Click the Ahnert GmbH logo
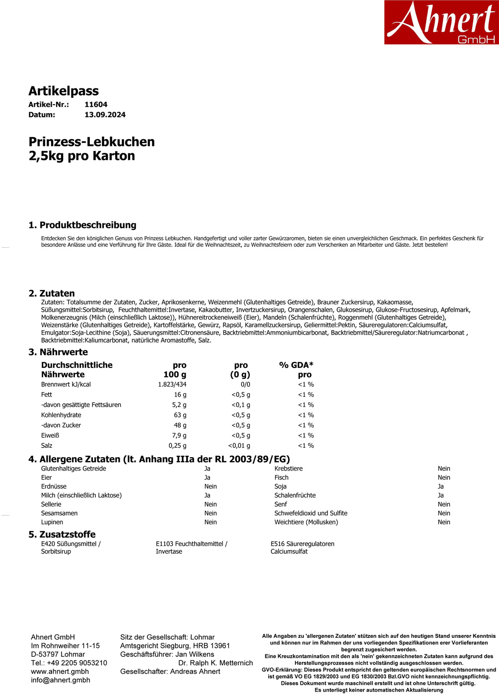441,22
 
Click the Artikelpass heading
64,91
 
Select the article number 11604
96,105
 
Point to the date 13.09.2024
105,115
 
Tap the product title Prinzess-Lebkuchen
91,142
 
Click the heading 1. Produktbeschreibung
82,225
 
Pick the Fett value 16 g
180,395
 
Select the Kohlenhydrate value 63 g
180,415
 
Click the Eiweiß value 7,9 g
179,435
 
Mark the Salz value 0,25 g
177,446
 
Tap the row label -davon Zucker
61,425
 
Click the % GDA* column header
296,365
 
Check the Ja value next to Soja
440,486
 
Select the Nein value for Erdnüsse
211,486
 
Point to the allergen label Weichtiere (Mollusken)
306,522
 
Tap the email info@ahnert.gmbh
61,680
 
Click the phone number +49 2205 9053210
77,663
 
